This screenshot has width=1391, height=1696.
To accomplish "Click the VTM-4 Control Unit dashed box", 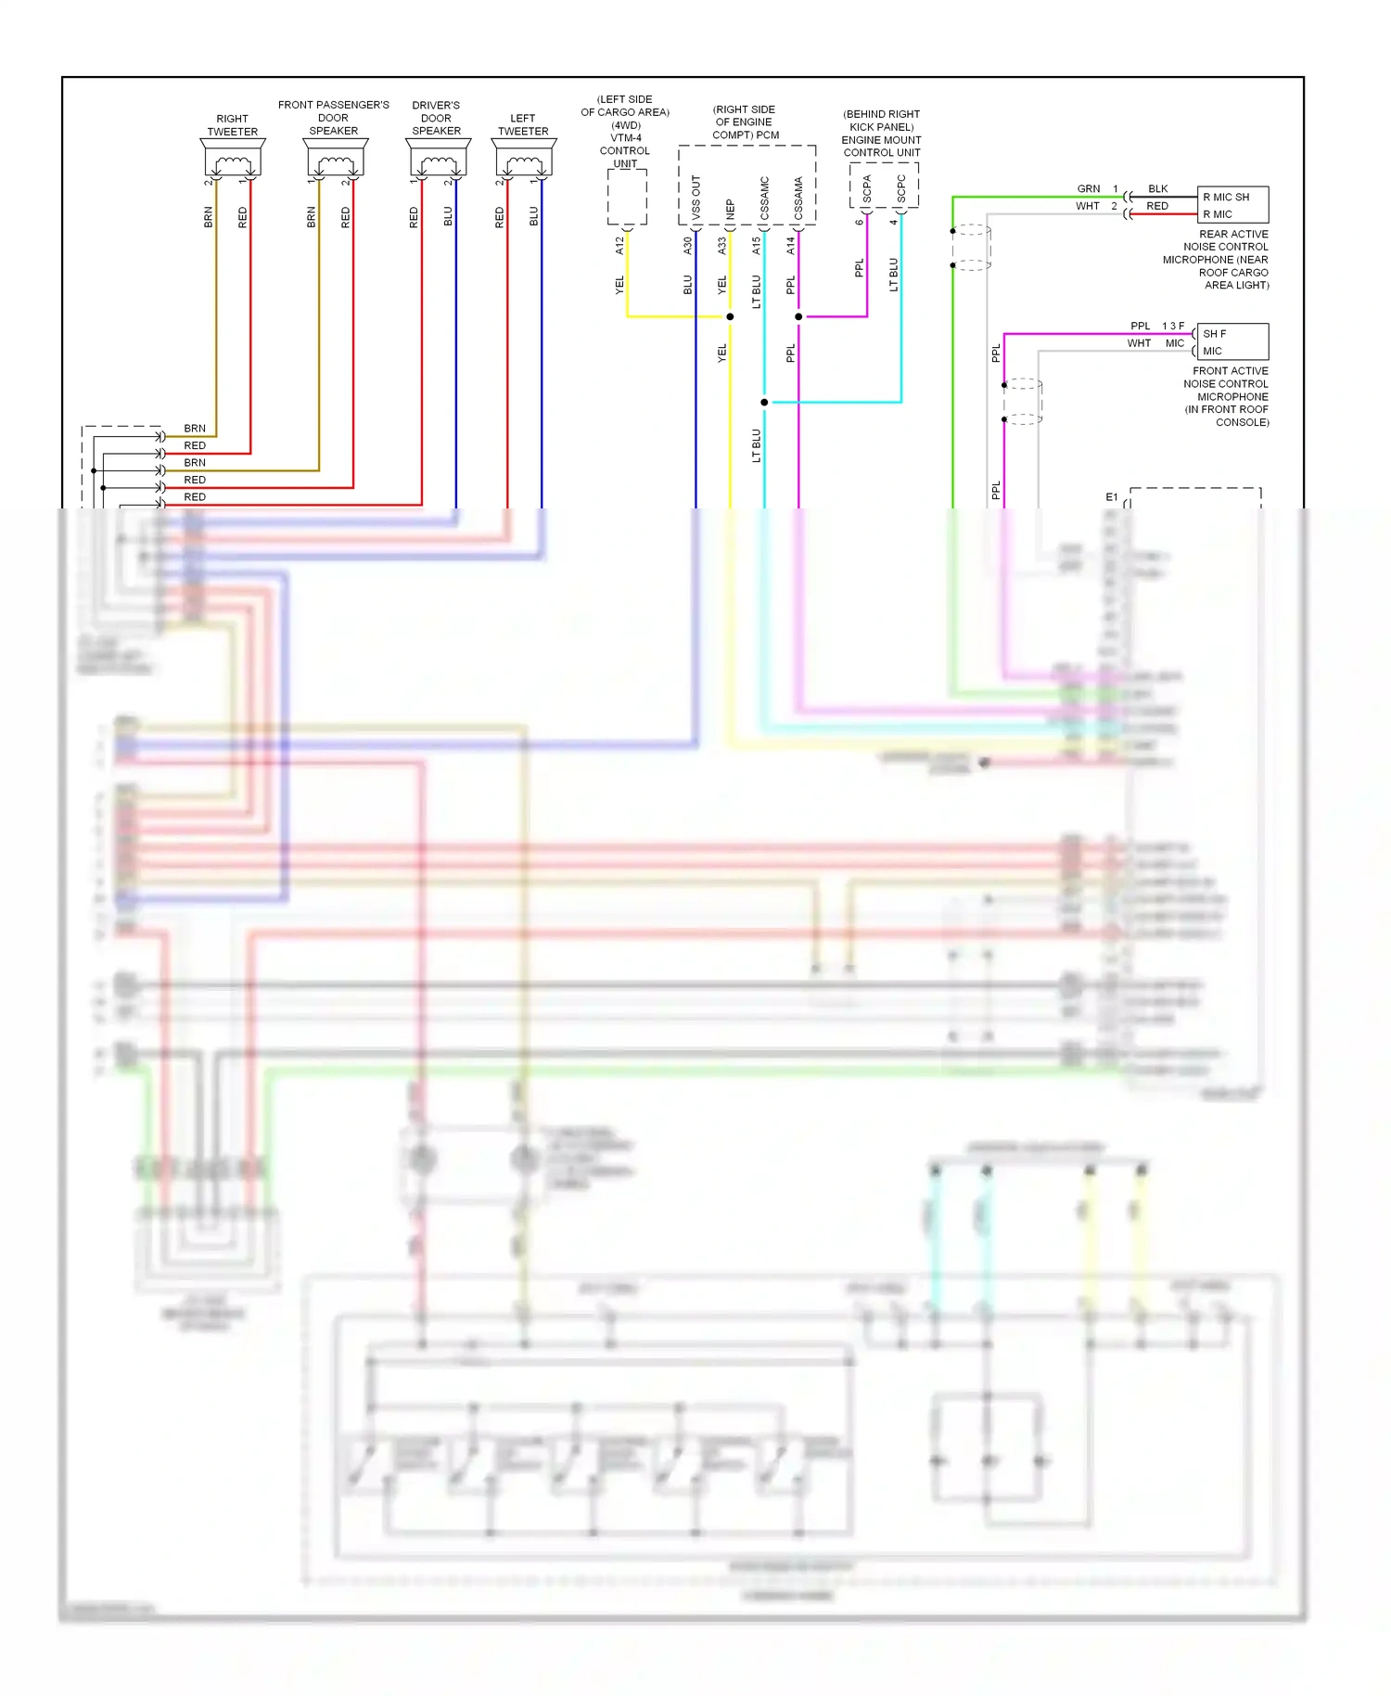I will pos(627,197).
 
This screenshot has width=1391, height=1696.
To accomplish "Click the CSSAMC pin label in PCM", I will pos(765,198).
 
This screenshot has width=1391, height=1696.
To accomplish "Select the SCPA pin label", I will pos(867,188).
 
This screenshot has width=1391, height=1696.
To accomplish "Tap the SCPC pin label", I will pos(901,188).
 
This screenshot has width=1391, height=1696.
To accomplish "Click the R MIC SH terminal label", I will pos(1226,197).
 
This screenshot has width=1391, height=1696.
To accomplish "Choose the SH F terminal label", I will pos(1214,333).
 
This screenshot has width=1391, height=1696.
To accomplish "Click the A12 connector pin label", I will pos(619,246).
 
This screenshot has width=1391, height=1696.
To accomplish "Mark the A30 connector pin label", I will pos(688,246).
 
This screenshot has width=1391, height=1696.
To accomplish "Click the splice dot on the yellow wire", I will pos(730,316).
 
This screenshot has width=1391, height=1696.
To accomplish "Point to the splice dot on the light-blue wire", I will pos(764,402).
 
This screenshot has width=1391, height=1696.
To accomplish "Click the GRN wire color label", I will pos(1089,188).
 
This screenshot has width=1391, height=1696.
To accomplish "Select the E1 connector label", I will pos(1112,497).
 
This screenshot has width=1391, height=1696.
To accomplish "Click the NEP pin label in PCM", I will pos(731,210).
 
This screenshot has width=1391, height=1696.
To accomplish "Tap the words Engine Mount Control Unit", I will pos(881,146).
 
